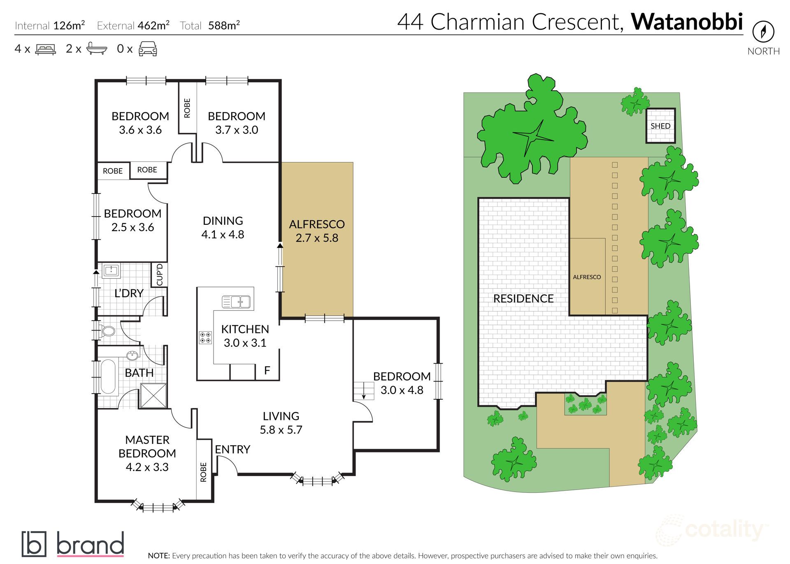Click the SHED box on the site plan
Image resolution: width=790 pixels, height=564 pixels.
(660, 126)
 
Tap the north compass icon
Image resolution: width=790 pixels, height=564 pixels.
(763, 32)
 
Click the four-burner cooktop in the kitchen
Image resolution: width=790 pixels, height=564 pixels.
(205, 338)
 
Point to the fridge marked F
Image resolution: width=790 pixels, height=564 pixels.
(267, 371)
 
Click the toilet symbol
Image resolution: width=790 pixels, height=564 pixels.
(108, 331)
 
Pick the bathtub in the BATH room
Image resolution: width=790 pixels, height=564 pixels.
(109, 377)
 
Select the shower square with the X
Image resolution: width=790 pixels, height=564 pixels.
(153, 396)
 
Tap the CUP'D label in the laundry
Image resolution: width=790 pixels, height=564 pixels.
(160, 275)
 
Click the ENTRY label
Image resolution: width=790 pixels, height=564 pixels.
(232, 449)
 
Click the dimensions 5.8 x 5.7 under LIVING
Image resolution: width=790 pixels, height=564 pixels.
(281, 430)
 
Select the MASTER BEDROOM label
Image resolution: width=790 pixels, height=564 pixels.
(147, 447)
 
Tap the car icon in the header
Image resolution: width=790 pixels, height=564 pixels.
(148, 49)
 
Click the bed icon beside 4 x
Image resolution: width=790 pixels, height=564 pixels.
(46, 49)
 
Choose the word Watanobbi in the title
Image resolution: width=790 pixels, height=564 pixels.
(687, 21)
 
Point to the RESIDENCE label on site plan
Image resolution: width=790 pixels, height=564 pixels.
(523, 298)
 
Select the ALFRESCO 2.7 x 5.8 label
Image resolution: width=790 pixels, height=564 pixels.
(317, 231)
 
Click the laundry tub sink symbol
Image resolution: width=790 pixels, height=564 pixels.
(111, 270)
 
